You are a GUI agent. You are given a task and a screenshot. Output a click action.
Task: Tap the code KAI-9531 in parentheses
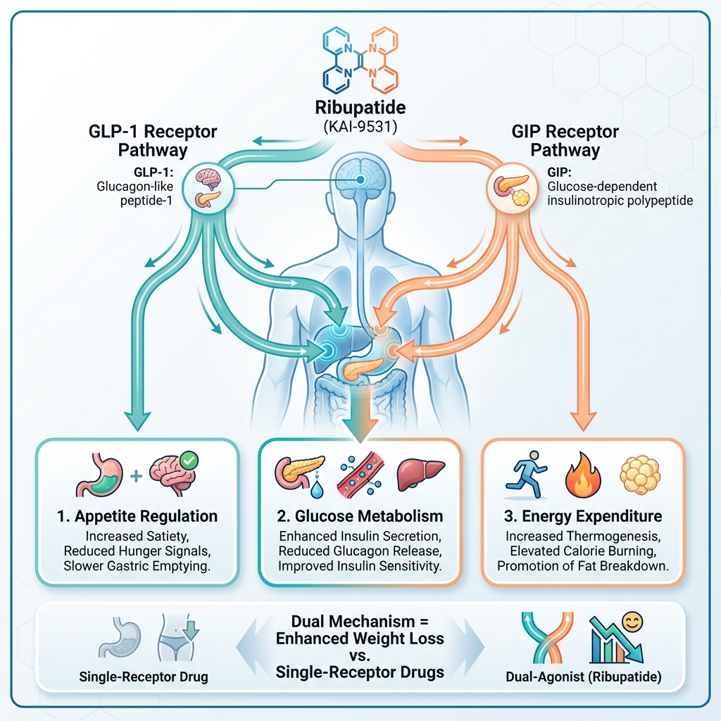(360, 129)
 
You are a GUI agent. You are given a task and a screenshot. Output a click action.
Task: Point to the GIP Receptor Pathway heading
(565, 141)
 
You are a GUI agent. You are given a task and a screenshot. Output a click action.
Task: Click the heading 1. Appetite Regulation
(137, 516)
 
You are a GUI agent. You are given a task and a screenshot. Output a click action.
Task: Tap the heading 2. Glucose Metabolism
(360, 516)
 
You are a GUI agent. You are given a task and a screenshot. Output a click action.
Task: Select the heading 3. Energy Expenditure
(582, 516)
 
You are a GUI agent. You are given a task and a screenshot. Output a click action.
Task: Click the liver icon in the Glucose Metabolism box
(422, 475)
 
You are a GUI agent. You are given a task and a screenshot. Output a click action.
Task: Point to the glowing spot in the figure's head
(360, 180)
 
